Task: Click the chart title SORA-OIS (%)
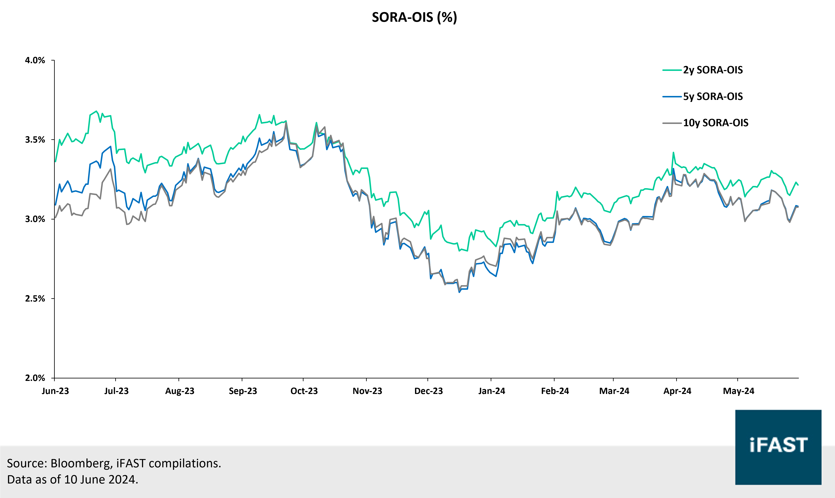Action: tap(414, 17)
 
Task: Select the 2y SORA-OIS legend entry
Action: tap(712, 70)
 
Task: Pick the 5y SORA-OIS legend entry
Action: tap(712, 97)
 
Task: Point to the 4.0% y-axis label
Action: tap(35, 60)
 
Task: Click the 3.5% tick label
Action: tap(35, 140)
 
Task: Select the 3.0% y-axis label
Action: tap(35, 219)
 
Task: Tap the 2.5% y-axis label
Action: tap(35, 299)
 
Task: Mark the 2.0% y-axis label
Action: tap(35, 378)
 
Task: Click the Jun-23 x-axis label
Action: tap(55, 391)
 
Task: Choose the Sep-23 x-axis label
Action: tap(243, 391)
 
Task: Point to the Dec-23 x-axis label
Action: tap(428, 391)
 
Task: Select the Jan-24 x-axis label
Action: tap(492, 391)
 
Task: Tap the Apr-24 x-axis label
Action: tap(677, 391)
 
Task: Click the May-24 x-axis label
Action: tap(738, 391)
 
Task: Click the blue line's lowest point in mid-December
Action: tap(459, 292)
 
